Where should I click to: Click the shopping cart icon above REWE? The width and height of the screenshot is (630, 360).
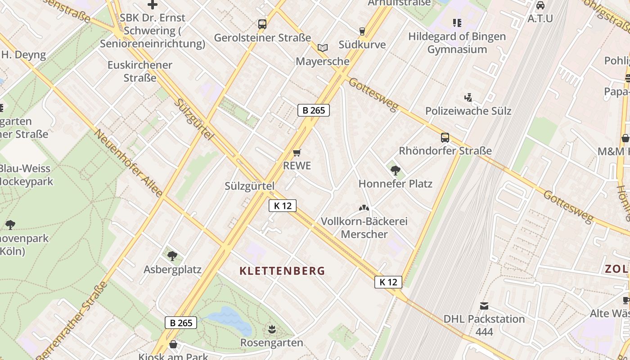[297, 153]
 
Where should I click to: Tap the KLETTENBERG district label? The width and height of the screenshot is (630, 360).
[282, 271]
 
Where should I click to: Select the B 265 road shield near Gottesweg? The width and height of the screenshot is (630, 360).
[314, 110]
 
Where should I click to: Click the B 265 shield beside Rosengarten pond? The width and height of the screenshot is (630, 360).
[181, 323]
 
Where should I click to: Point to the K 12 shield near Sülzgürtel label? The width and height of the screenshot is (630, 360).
[283, 206]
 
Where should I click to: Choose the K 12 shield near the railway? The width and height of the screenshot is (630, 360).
[388, 282]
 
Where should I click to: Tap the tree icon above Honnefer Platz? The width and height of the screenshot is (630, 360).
[396, 171]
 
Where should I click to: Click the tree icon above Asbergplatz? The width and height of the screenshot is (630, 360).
[172, 256]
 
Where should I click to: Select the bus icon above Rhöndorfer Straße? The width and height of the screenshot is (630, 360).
[445, 138]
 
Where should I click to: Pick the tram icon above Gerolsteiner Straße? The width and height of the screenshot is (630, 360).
[262, 24]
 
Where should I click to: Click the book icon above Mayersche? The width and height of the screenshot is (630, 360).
[322, 48]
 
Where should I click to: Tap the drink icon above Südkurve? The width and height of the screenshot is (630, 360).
[362, 31]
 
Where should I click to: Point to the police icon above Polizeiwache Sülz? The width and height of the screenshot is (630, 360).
[468, 97]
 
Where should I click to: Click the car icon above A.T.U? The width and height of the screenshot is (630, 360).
[540, 5]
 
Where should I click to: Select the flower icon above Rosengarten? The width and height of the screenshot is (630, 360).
[271, 329]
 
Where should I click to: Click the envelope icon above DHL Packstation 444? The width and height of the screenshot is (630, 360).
[484, 306]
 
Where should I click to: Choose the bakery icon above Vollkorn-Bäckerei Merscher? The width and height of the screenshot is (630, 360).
[364, 208]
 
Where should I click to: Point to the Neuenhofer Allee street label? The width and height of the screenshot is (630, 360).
[128, 163]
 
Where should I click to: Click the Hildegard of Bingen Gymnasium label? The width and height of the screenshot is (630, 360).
[457, 43]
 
